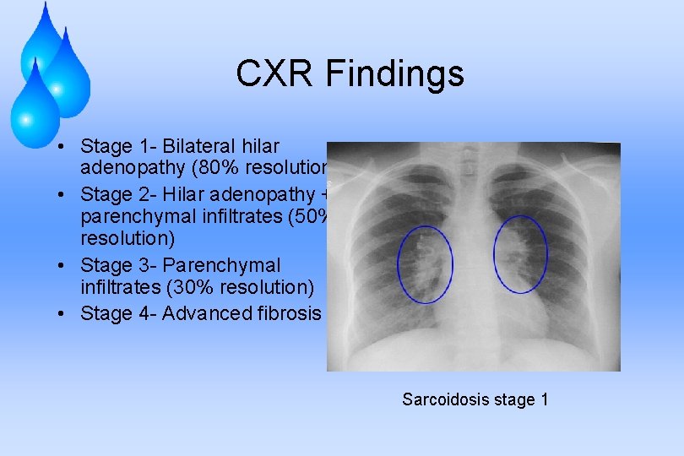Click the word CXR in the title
272,74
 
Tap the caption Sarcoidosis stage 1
475,399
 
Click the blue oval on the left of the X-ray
425,263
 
